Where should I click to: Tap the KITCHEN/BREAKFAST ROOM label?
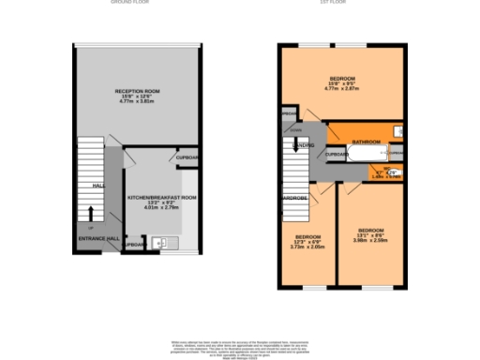coord(162,198)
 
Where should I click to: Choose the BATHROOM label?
coord(365,142)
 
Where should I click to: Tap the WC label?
coord(386,169)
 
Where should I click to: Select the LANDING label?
coord(303,145)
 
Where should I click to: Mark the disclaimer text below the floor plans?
coord(240,348)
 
